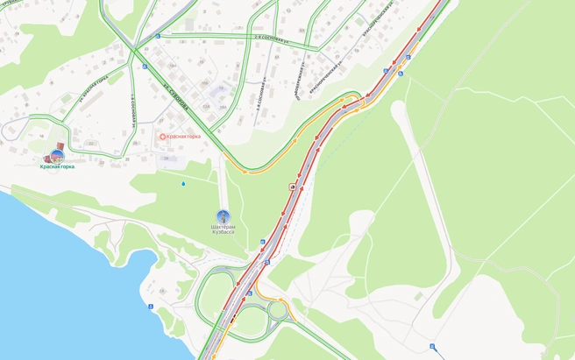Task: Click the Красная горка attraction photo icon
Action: [x=57, y=157]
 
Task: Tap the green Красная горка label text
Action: [x=57, y=167]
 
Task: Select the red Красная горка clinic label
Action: [x=182, y=137]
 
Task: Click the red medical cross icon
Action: [x=162, y=137]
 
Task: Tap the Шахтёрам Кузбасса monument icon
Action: [x=223, y=215]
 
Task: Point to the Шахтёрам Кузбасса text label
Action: [x=223, y=229]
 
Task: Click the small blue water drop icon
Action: [x=183, y=184]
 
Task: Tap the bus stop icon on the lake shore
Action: [x=150, y=307]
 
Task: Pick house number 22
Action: [x=90, y=143]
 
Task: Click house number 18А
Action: [x=223, y=107]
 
